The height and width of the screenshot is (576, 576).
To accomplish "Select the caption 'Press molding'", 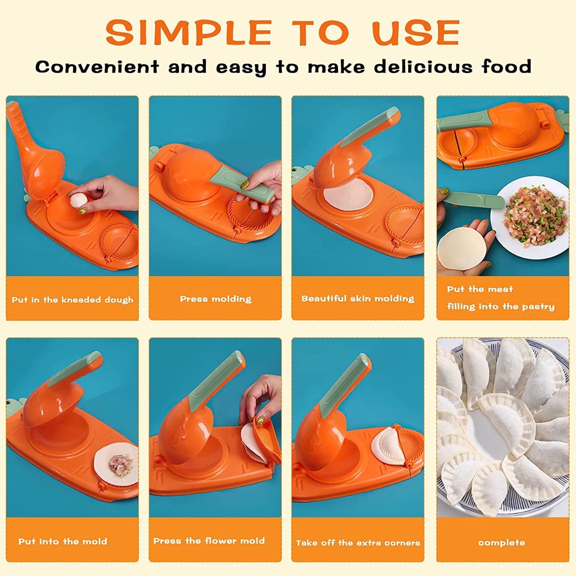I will (x=215, y=299).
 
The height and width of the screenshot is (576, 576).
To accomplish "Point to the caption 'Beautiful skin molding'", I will (x=358, y=299).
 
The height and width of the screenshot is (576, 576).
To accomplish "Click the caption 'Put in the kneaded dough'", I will (x=72, y=300).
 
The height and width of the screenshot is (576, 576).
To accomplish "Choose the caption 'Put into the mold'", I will (x=63, y=541).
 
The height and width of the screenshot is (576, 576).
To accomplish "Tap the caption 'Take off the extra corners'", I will (x=358, y=543).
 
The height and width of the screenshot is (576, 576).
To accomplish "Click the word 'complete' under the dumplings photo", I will (x=501, y=543).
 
